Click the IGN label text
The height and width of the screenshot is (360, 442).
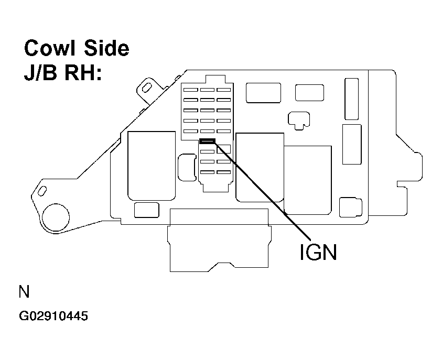coord(318,252)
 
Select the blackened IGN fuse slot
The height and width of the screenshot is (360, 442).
coord(208,141)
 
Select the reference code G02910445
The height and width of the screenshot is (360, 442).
coord(53,317)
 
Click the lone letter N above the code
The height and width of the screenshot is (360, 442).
coord(24,292)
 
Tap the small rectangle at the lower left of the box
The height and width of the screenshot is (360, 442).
coord(146,210)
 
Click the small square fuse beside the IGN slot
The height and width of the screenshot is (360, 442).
coord(224,148)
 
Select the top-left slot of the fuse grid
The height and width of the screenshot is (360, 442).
coord(190,90)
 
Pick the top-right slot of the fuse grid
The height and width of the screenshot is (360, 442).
coord(224,90)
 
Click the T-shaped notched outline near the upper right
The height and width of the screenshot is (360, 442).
coord(298,119)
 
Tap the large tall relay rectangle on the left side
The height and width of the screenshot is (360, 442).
coord(152,166)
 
